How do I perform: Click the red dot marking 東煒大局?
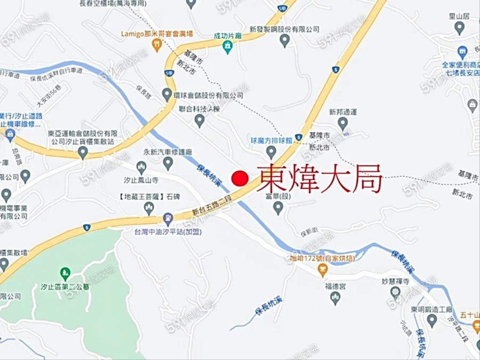coord(240,179)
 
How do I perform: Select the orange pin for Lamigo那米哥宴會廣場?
coord(156,46)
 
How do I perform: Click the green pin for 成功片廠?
coord(228,47)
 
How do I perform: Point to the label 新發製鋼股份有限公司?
coord(284,29)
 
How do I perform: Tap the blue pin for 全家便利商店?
coord(462,52)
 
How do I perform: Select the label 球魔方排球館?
coord(271,140)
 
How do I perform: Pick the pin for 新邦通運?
coord(342,124)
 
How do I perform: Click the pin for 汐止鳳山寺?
coord(141,166)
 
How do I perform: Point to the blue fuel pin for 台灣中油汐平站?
coord(168,218)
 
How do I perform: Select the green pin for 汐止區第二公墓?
coord(65,274)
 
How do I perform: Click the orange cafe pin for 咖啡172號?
coord(322,270)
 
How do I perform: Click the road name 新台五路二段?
coord(212,206)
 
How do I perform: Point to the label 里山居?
coord(459,16)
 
